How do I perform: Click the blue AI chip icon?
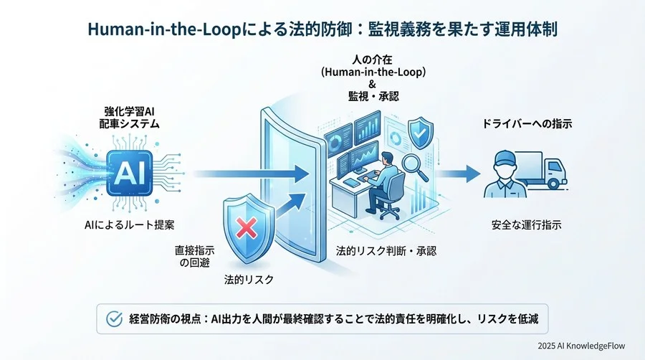coord(132,173)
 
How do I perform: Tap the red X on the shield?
coord(246,229)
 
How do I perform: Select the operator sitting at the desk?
coord(383,172)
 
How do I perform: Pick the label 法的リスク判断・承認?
coord(386,252)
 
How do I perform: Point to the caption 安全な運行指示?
coord(527,225)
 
